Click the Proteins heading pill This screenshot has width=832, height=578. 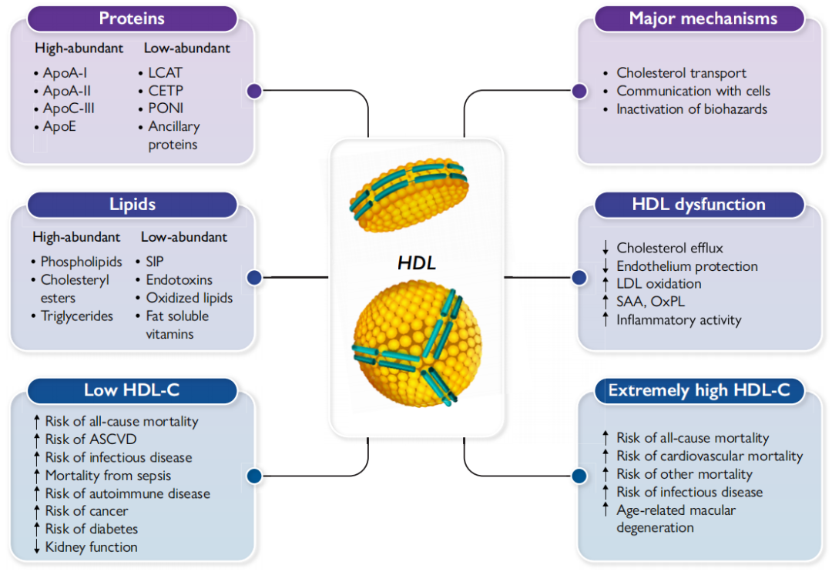[132, 18]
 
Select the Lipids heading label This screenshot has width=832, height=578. [132, 204]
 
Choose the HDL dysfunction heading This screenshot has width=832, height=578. [699, 204]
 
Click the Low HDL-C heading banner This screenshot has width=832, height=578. [132, 390]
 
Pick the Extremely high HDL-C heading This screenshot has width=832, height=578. [699, 390]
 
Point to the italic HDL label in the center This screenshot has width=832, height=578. [417, 262]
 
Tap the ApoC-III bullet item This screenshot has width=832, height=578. [69, 109]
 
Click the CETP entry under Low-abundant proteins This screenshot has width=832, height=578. [166, 91]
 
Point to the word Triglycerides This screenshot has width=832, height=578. [77, 316]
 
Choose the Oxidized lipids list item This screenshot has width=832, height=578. [189, 298]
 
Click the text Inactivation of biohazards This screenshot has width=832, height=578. [692, 109]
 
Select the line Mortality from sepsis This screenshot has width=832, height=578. [108, 476]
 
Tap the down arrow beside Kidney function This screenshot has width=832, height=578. [35, 547]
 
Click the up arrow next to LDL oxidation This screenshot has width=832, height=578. [606, 284]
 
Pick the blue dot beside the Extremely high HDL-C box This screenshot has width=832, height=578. [579, 476]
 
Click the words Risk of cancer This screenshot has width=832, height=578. [86, 511]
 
